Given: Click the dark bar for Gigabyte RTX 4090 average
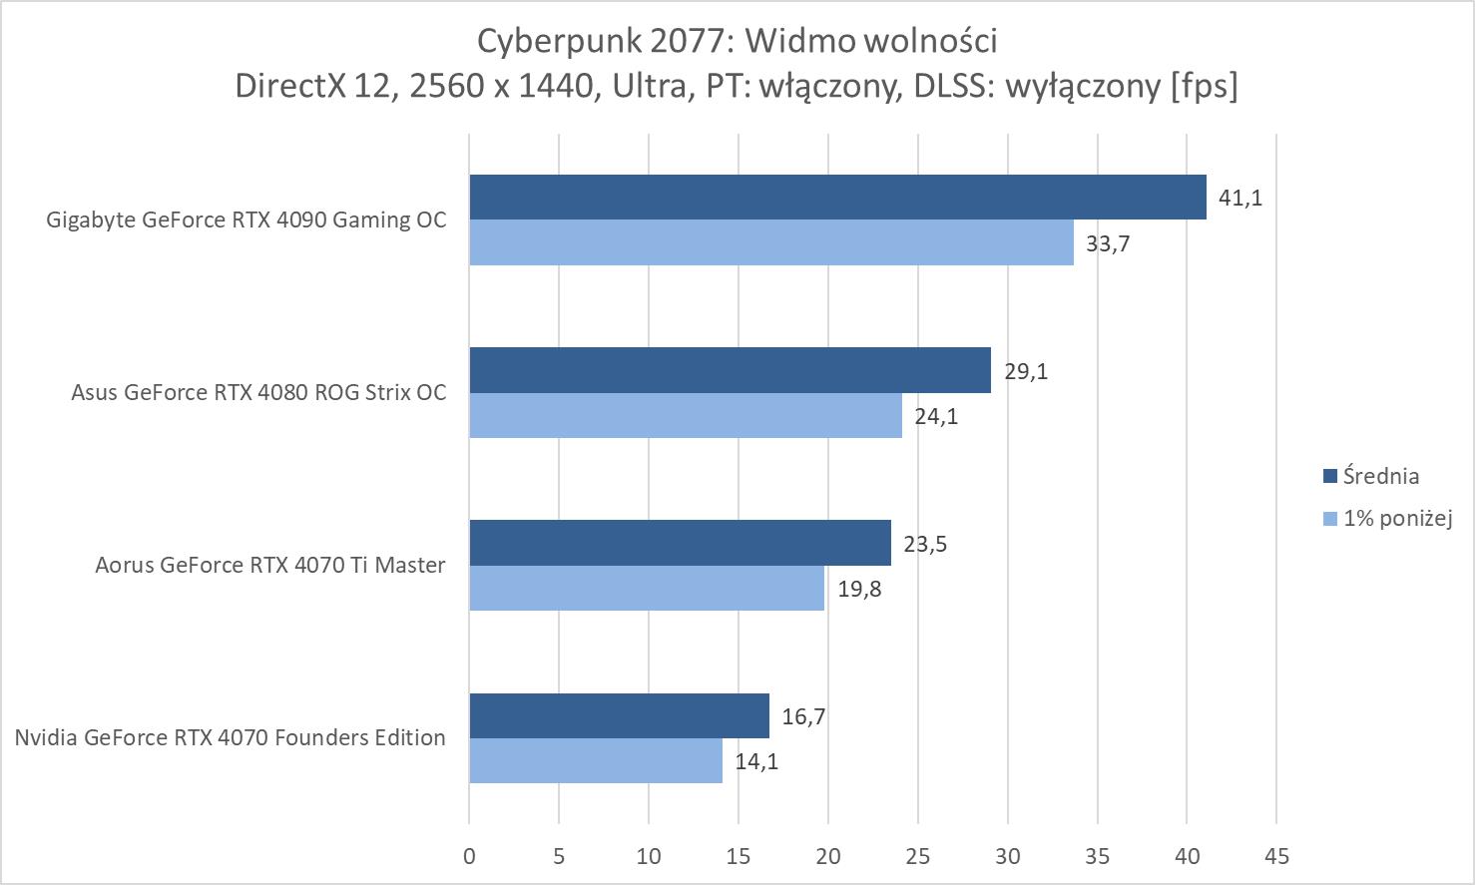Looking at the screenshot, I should pyautogui.click(x=837, y=198).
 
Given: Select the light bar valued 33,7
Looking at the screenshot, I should pyautogui.click(x=771, y=242).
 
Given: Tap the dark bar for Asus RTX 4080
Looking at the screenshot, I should pyautogui.click(x=730, y=370).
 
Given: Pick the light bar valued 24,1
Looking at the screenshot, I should pyautogui.click(x=686, y=415).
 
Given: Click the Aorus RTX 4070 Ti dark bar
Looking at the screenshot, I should pyautogui.click(x=680, y=543).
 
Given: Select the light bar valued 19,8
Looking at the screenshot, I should pyautogui.click(x=647, y=588).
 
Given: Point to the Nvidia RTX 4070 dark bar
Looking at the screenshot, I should pyautogui.click(x=619, y=716).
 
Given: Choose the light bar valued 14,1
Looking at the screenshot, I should pyautogui.click(x=596, y=760).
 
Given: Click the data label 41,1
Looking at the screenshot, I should pyautogui.click(x=1240, y=198).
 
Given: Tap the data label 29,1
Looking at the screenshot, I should pyautogui.click(x=1026, y=371).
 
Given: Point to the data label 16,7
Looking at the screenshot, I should pyautogui.click(x=803, y=716).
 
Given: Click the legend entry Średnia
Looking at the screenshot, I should pyautogui.click(x=1380, y=476).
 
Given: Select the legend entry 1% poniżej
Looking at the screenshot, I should pyautogui.click(x=1396, y=518).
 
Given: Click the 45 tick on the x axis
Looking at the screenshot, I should pyautogui.click(x=1276, y=855).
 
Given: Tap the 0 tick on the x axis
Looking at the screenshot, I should pyautogui.click(x=469, y=855).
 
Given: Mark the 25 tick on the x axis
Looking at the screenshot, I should pyautogui.click(x=918, y=855).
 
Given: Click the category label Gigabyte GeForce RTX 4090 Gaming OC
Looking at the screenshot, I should pyautogui.click(x=246, y=220).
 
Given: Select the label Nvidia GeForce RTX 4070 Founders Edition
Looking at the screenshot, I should pyautogui.click(x=230, y=737).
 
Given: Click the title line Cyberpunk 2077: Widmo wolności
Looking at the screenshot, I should pyautogui.click(x=737, y=41).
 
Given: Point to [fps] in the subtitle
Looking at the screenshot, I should pyautogui.click(x=1204, y=86).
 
